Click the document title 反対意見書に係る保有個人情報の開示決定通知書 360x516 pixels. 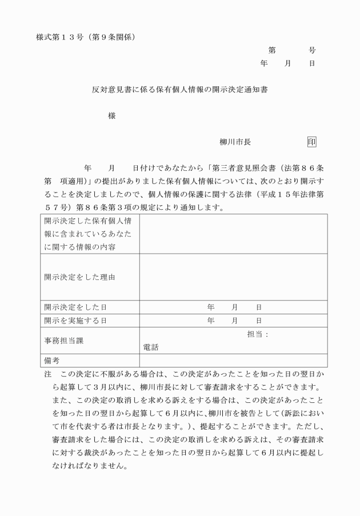(181, 90)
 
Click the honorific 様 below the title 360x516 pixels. (112, 116)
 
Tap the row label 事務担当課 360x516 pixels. (62, 340)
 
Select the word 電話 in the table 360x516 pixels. (151, 347)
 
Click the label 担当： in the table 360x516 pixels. (258, 334)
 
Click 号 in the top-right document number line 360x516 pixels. (312, 50)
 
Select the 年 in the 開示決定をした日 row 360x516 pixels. (210, 307)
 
